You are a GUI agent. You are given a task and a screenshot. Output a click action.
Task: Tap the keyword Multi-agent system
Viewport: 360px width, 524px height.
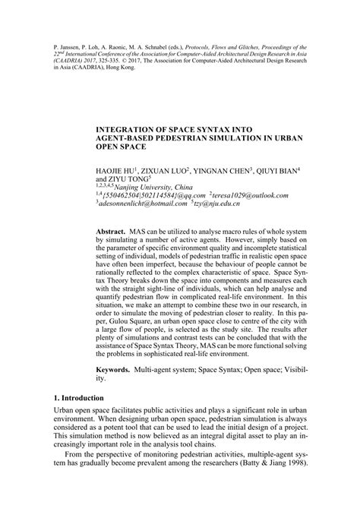(x=166, y=387)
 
